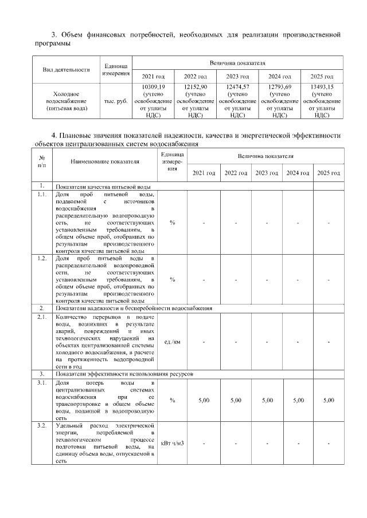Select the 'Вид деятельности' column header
tap(67, 70)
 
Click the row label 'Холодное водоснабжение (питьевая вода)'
tap(66, 100)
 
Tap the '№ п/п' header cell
tap(42, 161)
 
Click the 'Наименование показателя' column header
tap(105, 161)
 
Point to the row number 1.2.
tap(42, 259)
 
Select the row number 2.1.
tap(42, 317)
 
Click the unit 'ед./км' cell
tap(172, 342)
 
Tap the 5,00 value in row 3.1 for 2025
tap(328, 401)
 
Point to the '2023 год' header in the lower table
tap(267, 173)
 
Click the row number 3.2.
tap(42, 426)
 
